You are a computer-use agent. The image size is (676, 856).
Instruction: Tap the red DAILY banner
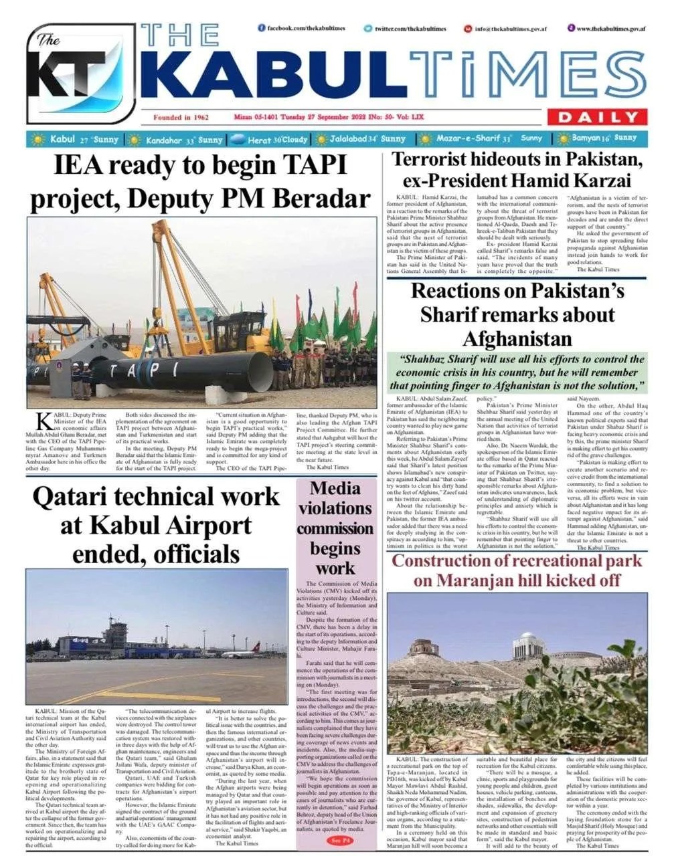coord(598,118)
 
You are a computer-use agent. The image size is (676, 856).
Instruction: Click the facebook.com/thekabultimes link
coord(302,28)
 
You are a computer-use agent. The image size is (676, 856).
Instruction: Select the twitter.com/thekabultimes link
coord(405,29)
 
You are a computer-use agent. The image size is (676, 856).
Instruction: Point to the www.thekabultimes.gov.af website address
coord(606,29)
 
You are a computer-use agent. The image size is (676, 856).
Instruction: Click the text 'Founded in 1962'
coord(181,118)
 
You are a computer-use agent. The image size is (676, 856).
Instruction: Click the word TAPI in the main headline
coord(313,165)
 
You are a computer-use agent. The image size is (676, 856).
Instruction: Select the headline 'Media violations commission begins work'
coord(335,528)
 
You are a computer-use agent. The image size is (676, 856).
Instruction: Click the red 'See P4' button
coord(335,840)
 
